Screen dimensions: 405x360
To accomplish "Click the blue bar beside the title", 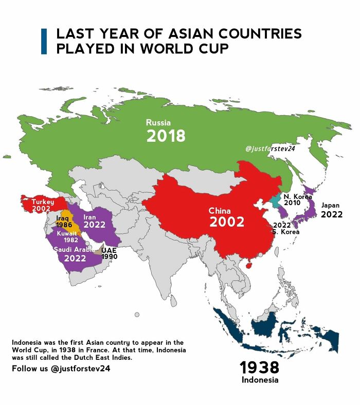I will [x=44, y=41].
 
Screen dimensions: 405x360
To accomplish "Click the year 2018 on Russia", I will [x=166, y=136].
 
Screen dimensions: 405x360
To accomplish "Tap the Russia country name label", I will [x=158, y=122].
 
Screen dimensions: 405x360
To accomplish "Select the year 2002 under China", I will [x=226, y=222].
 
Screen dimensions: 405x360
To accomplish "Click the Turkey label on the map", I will [x=43, y=202].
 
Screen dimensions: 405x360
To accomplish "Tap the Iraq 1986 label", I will [x=64, y=222].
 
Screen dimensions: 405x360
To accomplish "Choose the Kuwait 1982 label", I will [x=67, y=237].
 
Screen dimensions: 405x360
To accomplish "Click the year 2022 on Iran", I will [x=94, y=225].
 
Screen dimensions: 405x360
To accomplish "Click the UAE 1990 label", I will [x=109, y=253].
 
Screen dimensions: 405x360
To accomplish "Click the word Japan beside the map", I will [x=330, y=205].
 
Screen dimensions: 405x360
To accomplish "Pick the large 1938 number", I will [x=260, y=367].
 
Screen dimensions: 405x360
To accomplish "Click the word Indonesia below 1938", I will [x=260, y=380].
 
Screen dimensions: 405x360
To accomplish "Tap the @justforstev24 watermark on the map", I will [x=270, y=149].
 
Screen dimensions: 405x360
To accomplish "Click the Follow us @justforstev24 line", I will [x=61, y=369].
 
